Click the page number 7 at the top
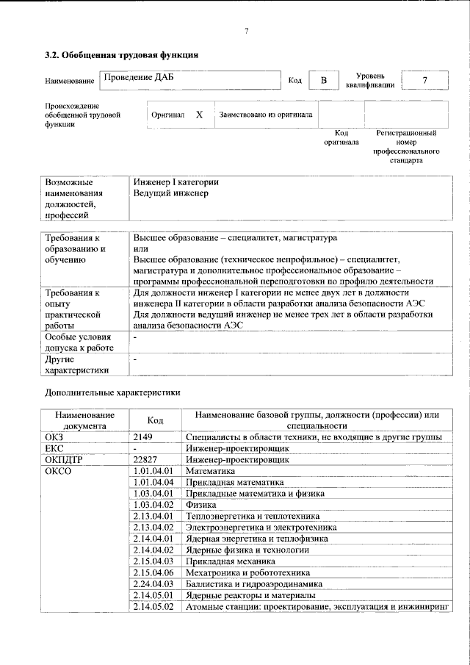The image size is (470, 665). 247,30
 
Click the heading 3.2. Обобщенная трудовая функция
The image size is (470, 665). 121,54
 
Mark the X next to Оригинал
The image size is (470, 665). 199,115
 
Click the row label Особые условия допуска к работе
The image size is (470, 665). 77,342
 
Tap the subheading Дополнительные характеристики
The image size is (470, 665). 112,393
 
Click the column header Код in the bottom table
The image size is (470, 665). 155,420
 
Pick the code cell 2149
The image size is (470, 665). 146,437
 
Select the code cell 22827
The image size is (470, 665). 149,459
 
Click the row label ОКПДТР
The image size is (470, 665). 64,459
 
